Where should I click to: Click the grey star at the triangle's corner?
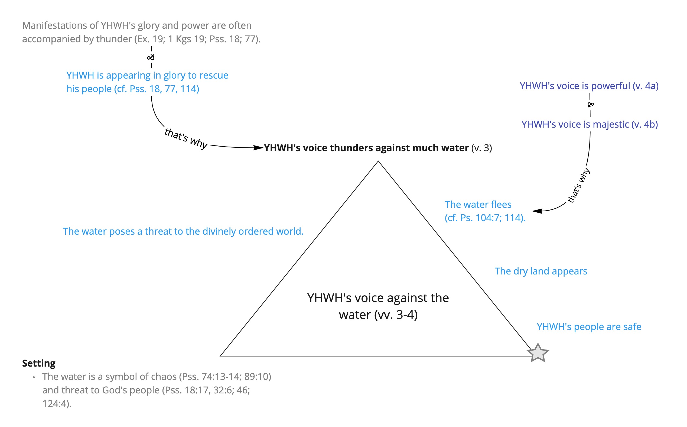(538, 353)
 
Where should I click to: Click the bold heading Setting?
(39, 363)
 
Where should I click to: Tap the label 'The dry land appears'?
(541, 271)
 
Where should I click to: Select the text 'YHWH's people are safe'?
(589, 327)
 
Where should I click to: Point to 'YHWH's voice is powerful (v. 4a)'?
(589, 86)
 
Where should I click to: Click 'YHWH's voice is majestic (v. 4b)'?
(590, 124)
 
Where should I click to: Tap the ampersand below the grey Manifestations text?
(151, 57)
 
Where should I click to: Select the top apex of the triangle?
(378, 161)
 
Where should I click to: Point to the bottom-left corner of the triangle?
(220, 356)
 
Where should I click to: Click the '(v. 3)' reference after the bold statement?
(481, 148)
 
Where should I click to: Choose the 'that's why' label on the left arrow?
(186, 138)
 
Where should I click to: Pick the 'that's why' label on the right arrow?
(579, 185)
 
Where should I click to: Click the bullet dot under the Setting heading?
(34, 377)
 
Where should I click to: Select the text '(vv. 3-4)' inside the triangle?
(396, 315)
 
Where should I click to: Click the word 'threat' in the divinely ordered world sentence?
(155, 232)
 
